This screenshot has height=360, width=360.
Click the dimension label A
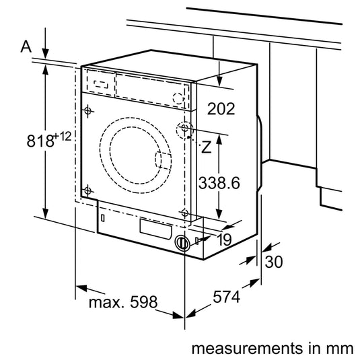tap(26, 46)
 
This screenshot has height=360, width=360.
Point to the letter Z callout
tap(207, 147)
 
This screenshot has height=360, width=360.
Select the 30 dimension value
tap(273, 262)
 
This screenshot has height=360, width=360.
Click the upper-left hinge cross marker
tap(88, 110)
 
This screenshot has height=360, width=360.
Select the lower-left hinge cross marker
tap(87, 190)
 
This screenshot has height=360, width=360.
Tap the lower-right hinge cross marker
tap(184, 213)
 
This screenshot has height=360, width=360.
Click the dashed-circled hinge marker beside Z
tap(184, 129)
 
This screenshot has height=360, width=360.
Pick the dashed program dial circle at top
tap(178, 97)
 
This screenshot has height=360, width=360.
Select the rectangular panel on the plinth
tap(155, 228)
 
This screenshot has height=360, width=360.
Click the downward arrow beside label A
tap(46, 46)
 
